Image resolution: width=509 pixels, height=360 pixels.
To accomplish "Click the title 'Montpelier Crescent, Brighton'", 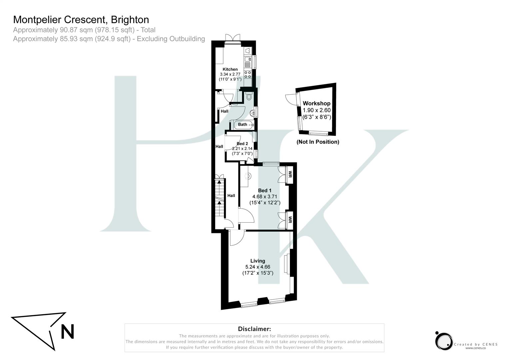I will coord(81,20).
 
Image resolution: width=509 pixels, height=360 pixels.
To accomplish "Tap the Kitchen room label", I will coord(230,69).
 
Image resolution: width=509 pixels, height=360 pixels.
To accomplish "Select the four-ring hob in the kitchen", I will coord(248,74).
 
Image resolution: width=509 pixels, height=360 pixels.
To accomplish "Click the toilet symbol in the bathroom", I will coord(249,96).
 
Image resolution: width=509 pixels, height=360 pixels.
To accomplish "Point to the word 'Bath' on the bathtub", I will coord(243,125).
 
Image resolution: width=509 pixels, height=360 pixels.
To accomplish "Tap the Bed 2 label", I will coord(242,144).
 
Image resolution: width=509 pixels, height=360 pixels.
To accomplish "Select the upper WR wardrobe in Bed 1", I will coord(289,174).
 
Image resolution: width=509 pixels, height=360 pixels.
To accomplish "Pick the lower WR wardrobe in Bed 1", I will coord(289,220).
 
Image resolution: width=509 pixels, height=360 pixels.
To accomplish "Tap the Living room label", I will coord(257,261).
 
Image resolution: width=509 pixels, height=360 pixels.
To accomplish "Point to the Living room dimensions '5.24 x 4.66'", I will coord(257,267).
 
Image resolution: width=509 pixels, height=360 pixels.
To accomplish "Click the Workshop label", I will coord(316,103).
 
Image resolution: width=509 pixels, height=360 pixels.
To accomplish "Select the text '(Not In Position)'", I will coord(318,142).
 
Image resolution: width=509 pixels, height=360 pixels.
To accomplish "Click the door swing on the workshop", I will coord(289,99).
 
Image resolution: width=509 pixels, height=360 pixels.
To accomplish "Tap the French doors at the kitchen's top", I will coord(232,38).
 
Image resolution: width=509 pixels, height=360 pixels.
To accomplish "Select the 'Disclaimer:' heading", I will coord(254,329).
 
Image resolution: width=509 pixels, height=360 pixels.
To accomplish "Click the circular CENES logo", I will coord(444,341).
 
